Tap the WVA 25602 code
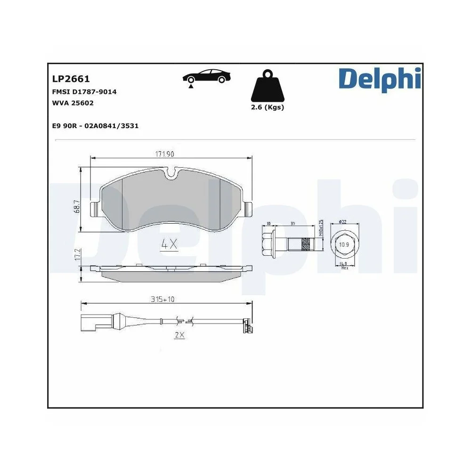point(73,103)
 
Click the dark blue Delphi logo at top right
point(379,79)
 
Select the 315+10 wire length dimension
point(163,300)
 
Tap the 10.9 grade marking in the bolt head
point(345,244)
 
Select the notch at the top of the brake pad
point(173,174)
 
